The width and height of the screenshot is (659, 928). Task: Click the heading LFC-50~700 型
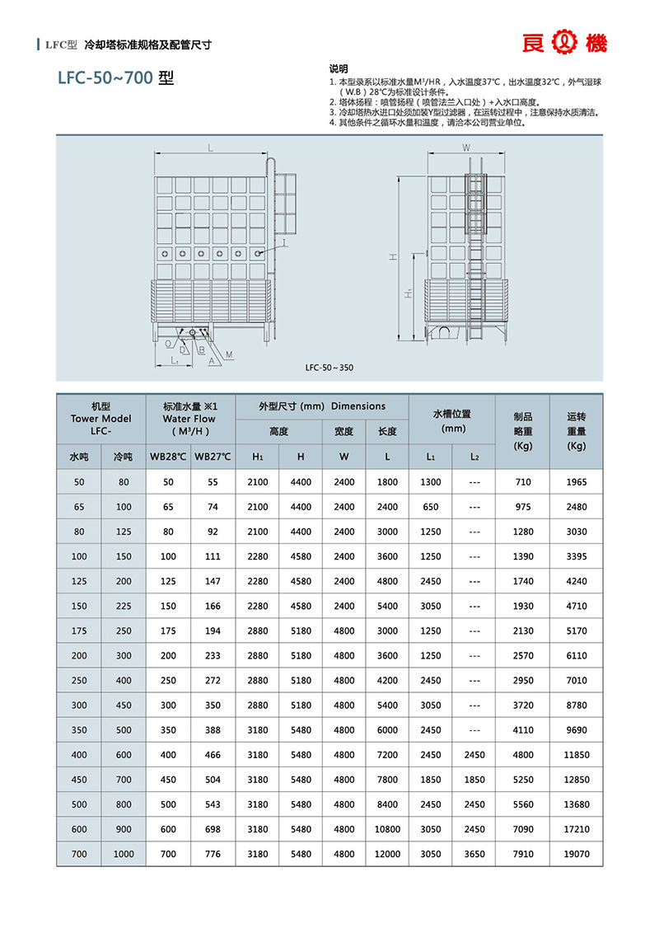pos(115,80)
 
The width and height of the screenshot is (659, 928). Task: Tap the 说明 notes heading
pos(339,68)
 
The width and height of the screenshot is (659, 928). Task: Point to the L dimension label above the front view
pos(211,148)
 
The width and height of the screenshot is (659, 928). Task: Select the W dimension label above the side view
pos(466,148)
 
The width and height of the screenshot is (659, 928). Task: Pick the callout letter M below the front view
pos(228,353)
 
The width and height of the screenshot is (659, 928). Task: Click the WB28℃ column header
pos(168,456)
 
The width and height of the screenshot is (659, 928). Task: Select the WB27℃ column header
pos(213,456)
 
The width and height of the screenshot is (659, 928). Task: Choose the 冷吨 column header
pos(123,456)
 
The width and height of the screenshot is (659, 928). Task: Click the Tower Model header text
pos(100,419)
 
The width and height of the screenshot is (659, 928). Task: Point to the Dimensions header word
pos(358,406)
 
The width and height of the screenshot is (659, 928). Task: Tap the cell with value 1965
pos(577,481)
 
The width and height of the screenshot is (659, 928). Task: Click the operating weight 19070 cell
pos(577,855)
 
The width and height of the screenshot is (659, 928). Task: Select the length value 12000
pos(387,855)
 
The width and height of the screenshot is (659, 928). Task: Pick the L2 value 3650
pos(474,855)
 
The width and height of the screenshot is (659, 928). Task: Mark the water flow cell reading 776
pos(213,855)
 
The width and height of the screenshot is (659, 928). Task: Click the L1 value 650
pos(431,507)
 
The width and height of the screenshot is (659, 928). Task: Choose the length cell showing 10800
pos(387,830)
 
